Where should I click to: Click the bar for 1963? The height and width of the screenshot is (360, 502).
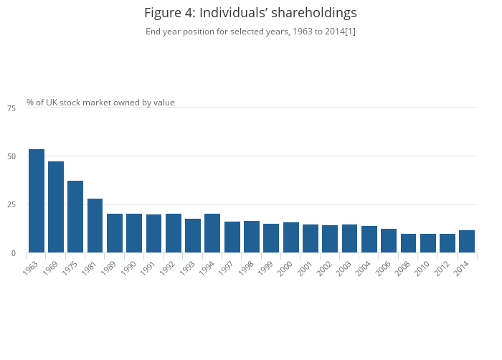click(x=37, y=201)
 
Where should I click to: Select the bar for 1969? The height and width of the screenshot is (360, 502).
click(x=56, y=207)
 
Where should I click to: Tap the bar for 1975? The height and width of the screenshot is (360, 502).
click(x=75, y=217)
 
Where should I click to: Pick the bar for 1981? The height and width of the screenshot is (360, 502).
click(x=95, y=226)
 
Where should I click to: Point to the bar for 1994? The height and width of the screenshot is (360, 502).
click(x=212, y=233)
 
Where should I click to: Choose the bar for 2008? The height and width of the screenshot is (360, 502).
click(x=408, y=243)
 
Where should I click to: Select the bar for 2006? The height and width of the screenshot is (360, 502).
click(x=389, y=241)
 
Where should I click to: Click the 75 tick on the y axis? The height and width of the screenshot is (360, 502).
click(x=11, y=108)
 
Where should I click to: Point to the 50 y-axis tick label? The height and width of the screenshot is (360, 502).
click(x=11, y=156)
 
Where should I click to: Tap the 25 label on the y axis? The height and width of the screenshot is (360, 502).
click(x=11, y=205)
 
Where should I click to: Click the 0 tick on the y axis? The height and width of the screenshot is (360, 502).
click(x=13, y=254)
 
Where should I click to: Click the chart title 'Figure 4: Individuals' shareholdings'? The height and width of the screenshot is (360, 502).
click(x=250, y=13)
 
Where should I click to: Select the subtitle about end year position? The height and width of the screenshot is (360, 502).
click(x=250, y=32)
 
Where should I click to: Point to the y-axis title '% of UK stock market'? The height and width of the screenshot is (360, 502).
click(x=100, y=103)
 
